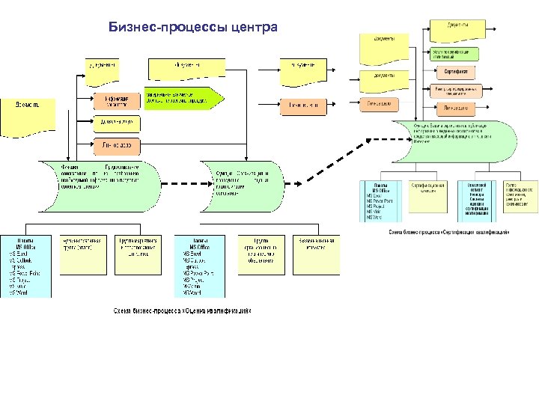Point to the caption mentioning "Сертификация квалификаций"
click(449, 232)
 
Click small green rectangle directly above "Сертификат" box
click(454, 53)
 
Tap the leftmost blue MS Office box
click(25, 266)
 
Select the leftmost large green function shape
click(100, 180)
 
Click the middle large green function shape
click(243, 180)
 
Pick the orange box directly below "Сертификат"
click(454, 91)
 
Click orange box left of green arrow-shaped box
click(116, 100)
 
